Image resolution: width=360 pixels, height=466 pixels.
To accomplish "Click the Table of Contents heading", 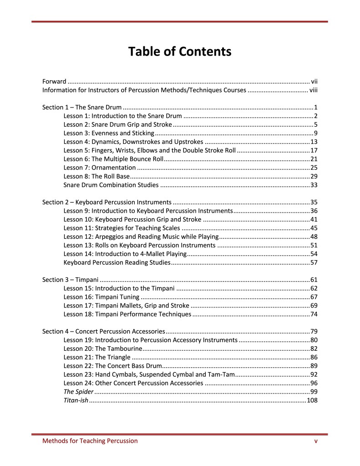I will pos(180,51).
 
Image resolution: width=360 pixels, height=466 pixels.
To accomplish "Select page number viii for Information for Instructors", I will pos(313,90).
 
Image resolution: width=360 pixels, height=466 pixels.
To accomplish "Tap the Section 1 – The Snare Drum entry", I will pos(82,108).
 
